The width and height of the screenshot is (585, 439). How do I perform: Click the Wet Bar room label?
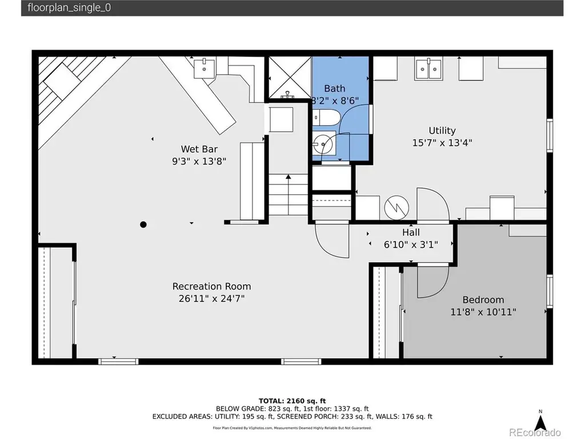click(x=199, y=149)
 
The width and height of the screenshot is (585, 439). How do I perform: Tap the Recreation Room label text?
click(x=211, y=286)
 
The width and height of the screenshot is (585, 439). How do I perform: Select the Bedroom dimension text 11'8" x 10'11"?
click(x=483, y=312)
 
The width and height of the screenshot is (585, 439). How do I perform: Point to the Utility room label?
click(x=442, y=131)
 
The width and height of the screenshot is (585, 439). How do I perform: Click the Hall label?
click(x=411, y=232)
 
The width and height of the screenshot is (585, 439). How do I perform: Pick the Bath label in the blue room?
click(x=335, y=89)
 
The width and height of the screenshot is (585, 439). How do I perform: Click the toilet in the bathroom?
click(x=326, y=118)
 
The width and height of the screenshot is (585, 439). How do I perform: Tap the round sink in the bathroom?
click(x=323, y=143)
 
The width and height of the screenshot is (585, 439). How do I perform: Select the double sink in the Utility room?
click(x=428, y=69)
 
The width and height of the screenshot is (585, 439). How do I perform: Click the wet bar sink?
click(x=204, y=68)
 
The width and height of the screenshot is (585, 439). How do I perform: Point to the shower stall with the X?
click(x=290, y=77)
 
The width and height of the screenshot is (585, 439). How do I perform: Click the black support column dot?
click(x=143, y=224)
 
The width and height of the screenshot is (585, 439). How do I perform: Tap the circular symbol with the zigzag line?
click(x=396, y=207)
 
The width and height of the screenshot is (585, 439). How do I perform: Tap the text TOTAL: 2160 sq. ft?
click(x=292, y=401)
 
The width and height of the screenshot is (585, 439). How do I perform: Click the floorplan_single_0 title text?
click(x=69, y=8)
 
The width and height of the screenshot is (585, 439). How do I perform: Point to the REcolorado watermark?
click(x=535, y=432)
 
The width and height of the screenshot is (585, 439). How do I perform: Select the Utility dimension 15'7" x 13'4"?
click(x=442, y=142)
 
